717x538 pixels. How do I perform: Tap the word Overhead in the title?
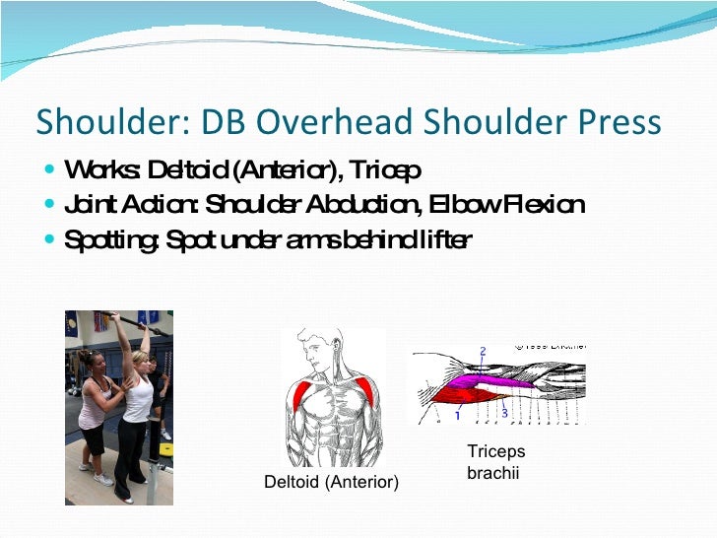coord(325,121)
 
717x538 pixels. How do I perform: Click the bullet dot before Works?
coord(50,171)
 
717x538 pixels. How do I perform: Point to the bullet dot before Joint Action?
coord(50,205)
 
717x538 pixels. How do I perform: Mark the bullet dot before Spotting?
coord(50,238)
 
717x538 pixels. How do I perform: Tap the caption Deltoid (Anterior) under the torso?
coord(331,482)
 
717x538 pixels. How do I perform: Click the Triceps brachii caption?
coord(495,463)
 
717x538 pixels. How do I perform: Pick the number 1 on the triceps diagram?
coord(456,416)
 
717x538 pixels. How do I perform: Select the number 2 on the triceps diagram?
coord(483,351)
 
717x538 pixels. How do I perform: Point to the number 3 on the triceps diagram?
coord(504,413)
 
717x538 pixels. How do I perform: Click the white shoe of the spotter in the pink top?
coord(102,480)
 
